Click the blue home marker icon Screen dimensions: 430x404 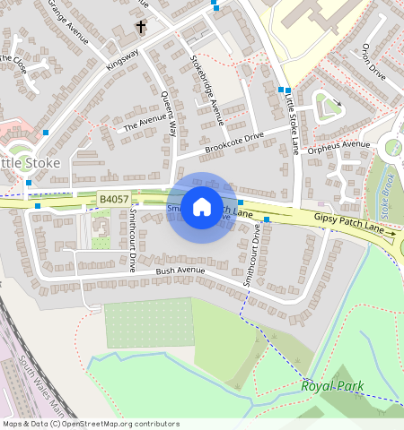202,207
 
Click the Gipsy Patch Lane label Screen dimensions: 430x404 355,225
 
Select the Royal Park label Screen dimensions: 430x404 329,385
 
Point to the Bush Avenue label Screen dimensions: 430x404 176,270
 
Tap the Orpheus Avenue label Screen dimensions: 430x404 338,145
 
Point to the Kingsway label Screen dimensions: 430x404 123,60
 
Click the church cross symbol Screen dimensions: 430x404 140,28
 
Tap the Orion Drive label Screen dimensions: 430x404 373,63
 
